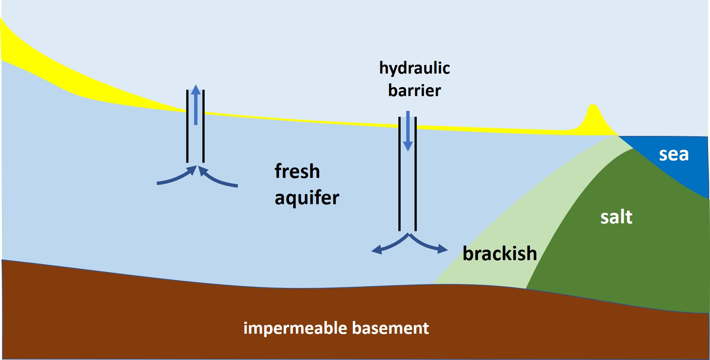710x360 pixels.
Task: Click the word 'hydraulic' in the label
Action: [x=415, y=68]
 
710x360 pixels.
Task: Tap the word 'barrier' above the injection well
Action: [x=415, y=90]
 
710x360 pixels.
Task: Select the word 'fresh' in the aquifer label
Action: [x=297, y=171]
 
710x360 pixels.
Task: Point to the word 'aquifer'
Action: [x=307, y=198]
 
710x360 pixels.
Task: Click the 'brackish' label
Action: [x=499, y=253]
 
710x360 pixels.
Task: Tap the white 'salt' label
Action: [x=616, y=217]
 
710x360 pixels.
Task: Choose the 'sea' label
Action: [x=674, y=154]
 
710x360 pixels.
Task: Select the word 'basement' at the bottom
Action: [x=390, y=328]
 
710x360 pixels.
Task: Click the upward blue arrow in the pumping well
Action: [x=196, y=105]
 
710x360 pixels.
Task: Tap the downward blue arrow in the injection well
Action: [x=408, y=131]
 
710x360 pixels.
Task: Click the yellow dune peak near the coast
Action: [x=592, y=113]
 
